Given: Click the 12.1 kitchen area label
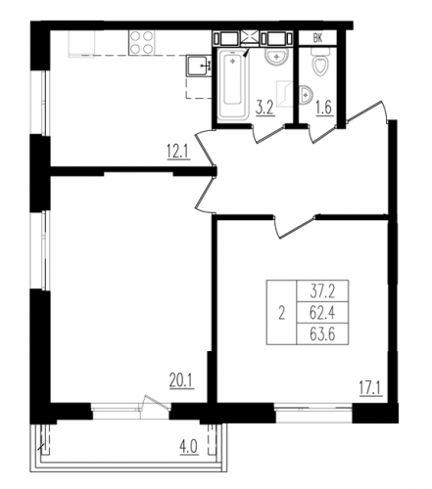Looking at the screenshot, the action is point(178,153).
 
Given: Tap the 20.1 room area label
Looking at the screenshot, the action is point(182,381).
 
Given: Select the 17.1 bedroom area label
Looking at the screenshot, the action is point(371,389).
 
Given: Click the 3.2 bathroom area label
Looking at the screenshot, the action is point(264,109).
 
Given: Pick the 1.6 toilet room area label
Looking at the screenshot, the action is point(324,108).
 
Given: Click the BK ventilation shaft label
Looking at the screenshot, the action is point(317,38).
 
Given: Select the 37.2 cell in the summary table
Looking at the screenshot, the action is point(322,291).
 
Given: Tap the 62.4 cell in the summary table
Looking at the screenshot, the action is point(322,313).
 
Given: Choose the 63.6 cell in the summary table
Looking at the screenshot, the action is point(322,334).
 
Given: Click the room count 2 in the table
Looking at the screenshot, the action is point(281,313).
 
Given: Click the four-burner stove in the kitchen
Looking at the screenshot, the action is point(142,43).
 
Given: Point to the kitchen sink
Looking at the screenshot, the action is point(199,67).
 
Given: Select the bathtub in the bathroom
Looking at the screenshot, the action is point(232,85).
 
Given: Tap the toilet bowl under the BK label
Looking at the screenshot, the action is point(320,63).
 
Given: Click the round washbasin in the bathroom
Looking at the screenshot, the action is point(276,58).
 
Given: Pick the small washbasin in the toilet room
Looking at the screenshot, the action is point(306,95).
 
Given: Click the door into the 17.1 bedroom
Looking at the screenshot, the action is point(294,226).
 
